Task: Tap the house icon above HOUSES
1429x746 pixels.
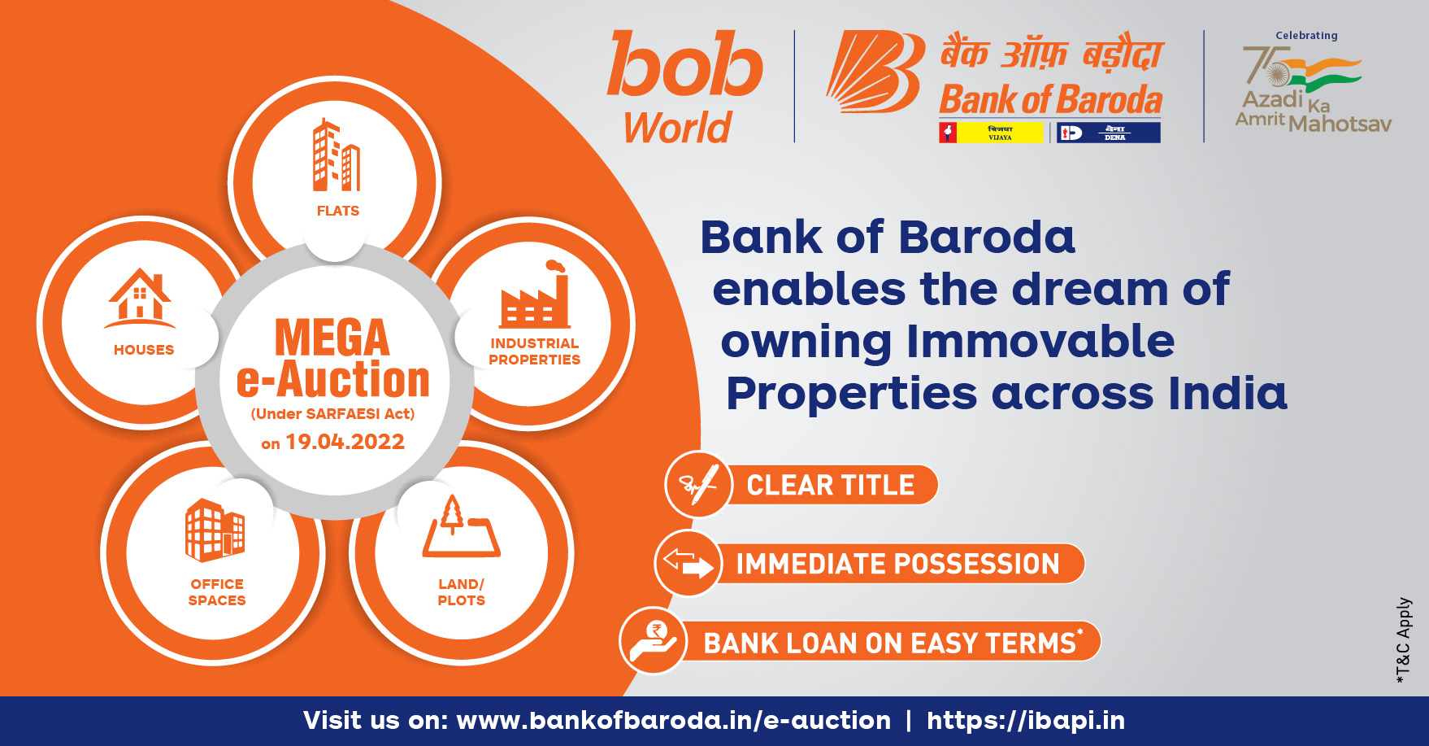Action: point(140,296)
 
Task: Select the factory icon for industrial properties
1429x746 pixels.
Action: point(535,296)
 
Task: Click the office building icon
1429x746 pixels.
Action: point(215,530)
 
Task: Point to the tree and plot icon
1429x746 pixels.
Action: point(460,528)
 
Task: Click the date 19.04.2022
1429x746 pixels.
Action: point(345,442)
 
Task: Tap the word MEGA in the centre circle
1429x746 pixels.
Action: point(332,338)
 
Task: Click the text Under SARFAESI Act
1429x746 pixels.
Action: point(333,413)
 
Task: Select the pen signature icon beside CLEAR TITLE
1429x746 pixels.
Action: point(698,485)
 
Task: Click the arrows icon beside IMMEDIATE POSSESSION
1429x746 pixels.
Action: point(688,563)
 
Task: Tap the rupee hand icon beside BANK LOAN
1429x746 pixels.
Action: point(653,641)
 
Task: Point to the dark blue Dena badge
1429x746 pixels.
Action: point(1108,133)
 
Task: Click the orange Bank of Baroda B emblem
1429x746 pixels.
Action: point(875,72)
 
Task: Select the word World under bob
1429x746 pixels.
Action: point(678,128)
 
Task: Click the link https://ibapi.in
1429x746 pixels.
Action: point(1026,720)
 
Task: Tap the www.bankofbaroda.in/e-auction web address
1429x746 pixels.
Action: point(673,720)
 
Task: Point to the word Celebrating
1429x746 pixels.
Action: point(1306,36)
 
